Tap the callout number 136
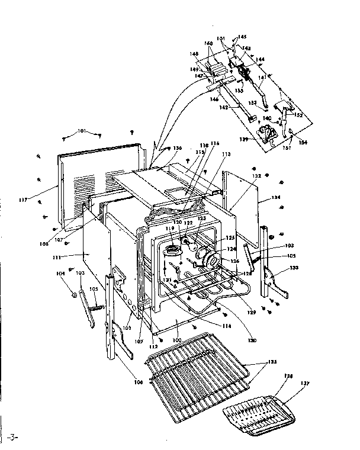pos(177,148)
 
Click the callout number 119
pos(169,228)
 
